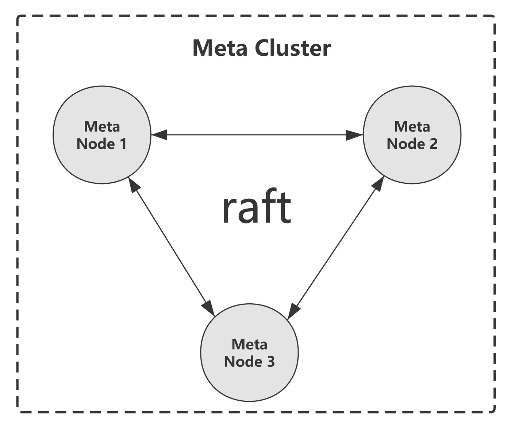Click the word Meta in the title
tap(219, 48)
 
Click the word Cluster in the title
tap(293, 48)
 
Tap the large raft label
tap(256, 207)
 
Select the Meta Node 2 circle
tap(412, 160)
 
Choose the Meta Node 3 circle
tap(249, 379)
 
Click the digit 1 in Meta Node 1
tap(123, 144)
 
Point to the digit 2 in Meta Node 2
tap(433, 144)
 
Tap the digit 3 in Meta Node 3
tap(270, 362)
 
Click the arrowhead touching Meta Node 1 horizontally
tap(159, 135)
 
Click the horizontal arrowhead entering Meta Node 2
tap(354, 135)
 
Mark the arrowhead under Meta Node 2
tap(378, 183)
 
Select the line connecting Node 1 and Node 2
tap(257, 135)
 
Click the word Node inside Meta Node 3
tap(243, 362)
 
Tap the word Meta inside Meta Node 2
tap(412, 127)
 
